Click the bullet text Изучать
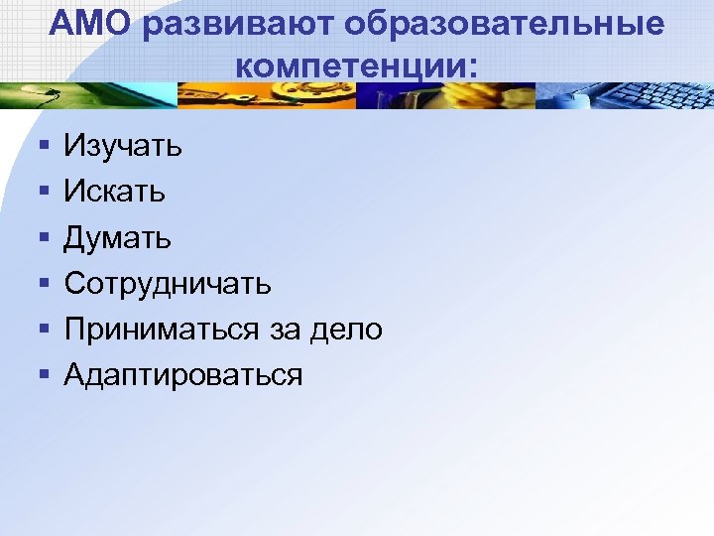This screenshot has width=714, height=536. pyautogui.click(x=123, y=147)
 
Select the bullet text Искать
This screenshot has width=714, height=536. pyautogui.click(x=115, y=191)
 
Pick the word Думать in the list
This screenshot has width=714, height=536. pyautogui.click(x=118, y=237)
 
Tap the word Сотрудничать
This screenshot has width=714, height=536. pyautogui.click(x=168, y=284)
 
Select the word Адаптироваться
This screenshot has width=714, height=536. pyautogui.click(x=183, y=375)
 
